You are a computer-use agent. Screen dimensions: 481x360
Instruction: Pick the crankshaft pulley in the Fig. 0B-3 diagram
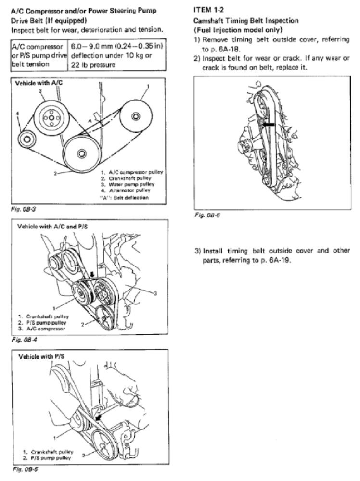80,153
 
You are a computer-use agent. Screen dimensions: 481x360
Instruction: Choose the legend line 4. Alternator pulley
127,190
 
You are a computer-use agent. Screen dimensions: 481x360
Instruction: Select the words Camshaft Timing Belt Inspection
246,21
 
